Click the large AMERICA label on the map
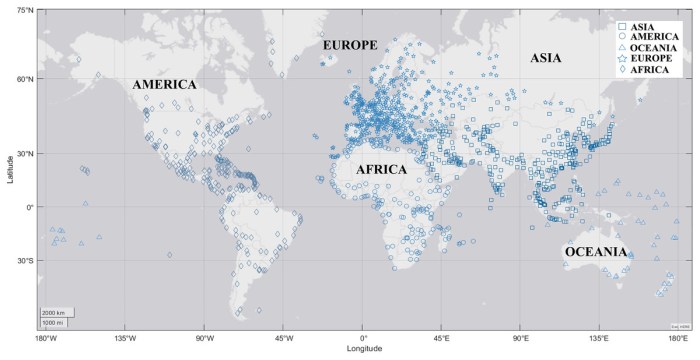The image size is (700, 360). click(164, 85)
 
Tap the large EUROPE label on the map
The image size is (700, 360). click(349, 46)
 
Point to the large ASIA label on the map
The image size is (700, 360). click(546, 58)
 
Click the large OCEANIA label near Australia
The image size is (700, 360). click(596, 252)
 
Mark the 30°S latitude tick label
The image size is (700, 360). click(20, 261)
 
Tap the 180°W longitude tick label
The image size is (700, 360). click(45, 339)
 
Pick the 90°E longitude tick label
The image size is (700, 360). click(521, 339)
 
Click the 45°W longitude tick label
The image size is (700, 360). click(283, 339)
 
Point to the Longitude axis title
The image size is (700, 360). click(364, 349)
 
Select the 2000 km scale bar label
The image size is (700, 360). click(53, 312)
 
